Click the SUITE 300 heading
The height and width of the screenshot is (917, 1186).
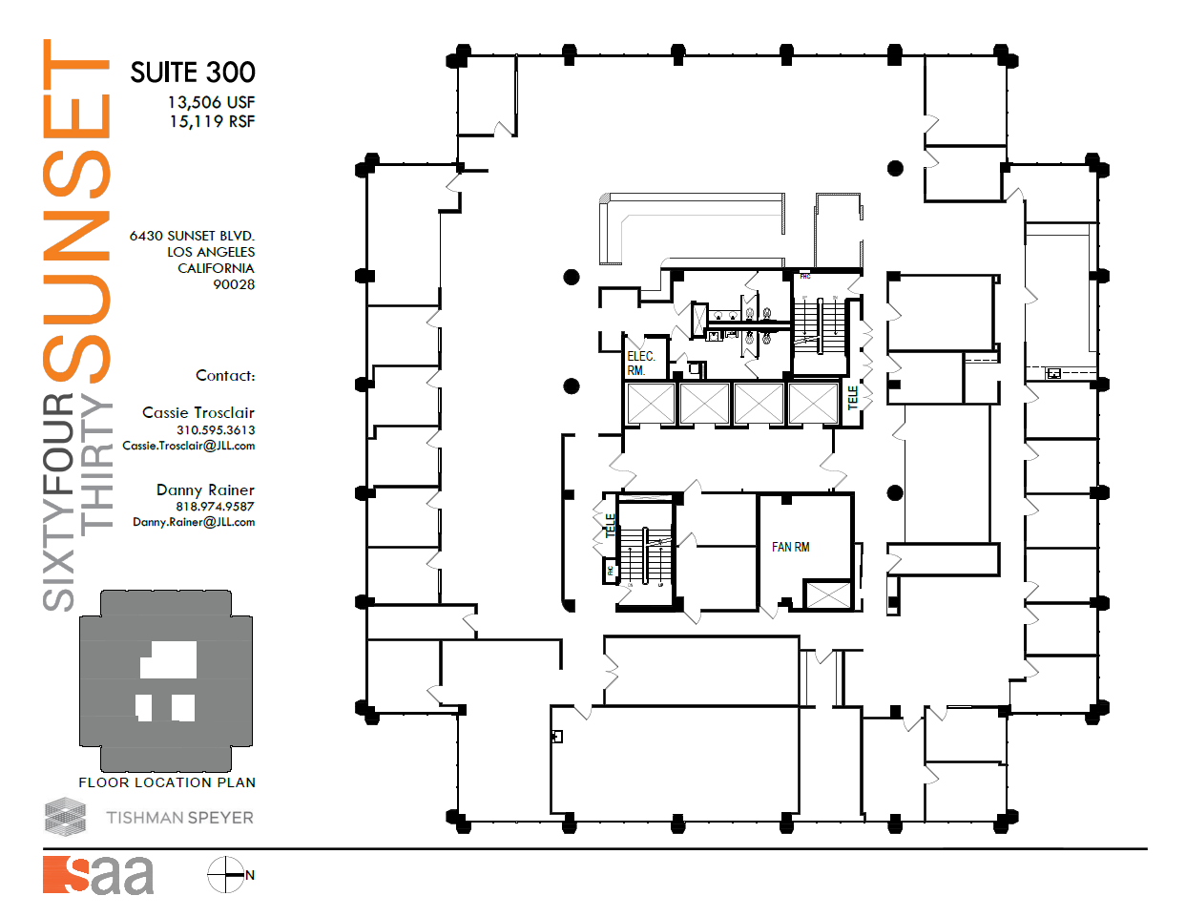(x=193, y=73)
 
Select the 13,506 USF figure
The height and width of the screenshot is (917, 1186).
(x=211, y=102)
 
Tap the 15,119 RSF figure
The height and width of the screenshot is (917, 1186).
(x=212, y=121)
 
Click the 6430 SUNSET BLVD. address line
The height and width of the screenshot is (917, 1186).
(x=192, y=236)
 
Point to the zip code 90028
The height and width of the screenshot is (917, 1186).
(x=234, y=284)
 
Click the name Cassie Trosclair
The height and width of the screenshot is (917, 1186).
(x=198, y=412)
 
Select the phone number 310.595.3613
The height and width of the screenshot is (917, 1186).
(x=216, y=430)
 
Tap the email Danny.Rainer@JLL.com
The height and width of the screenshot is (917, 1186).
(x=194, y=522)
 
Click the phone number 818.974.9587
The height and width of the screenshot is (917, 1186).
(x=215, y=507)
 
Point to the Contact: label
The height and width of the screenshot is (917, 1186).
(x=225, y=376)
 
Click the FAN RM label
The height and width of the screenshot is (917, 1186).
(x=790, y=547)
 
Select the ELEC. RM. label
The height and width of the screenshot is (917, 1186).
(x=640, y=364)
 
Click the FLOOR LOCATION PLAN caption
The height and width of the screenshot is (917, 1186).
(x=167, y=782)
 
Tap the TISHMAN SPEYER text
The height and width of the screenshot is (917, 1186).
(x=179, y=818)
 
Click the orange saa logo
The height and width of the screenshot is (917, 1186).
(x=98, y=875)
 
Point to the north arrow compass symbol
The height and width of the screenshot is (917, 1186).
(x=227, y=875)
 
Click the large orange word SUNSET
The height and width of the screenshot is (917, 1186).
(x=76, y=210)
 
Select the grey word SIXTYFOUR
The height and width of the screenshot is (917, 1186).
(x=59, y=501)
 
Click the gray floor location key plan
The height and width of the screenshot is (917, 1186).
(x=166, y=680)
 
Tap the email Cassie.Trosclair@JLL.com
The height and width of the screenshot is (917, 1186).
(x=189, y=446)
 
